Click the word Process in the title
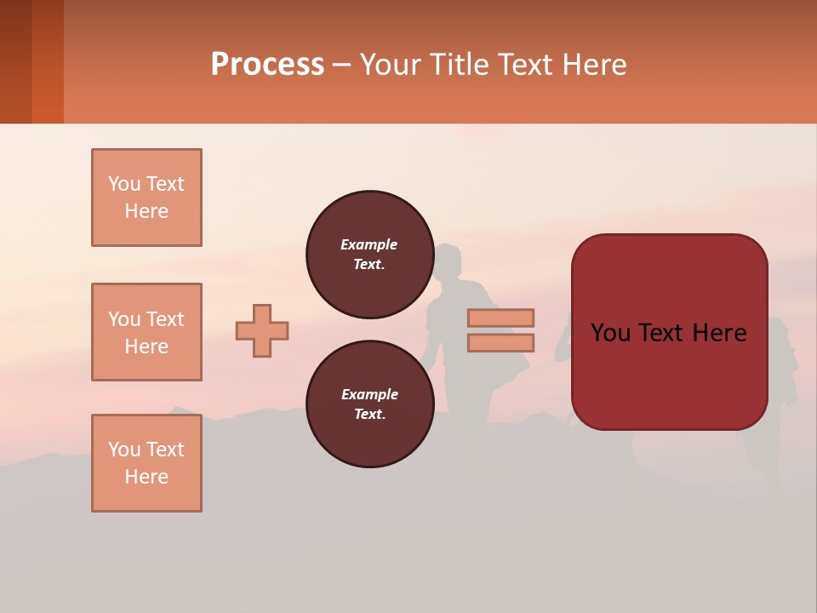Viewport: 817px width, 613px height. (x=267, y=64)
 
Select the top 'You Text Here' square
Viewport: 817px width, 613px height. (x=146, y=198)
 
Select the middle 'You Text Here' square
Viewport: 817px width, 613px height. (x=146, y=332)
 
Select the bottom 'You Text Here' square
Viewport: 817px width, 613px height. (x=146, y=463)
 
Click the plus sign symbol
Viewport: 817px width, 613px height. (x=262, y=330)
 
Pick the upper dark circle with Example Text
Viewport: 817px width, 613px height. (x=369, y=255)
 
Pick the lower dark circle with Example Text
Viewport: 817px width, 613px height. (x=369, y=404)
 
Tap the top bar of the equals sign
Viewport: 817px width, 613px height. (x=500, y=318)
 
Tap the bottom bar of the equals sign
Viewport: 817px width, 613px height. (x=500, y=342)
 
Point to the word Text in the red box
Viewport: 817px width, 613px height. (x=669, y=333)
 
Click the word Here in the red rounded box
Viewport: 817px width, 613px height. (x=719, y=333)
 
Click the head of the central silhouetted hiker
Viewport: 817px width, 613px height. (x=448, y=261)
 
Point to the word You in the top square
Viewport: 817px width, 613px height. (x=124, y=184)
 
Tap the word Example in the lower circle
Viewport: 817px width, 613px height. (x=369, y=394)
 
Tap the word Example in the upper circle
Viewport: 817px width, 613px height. (x=369, y=244)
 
